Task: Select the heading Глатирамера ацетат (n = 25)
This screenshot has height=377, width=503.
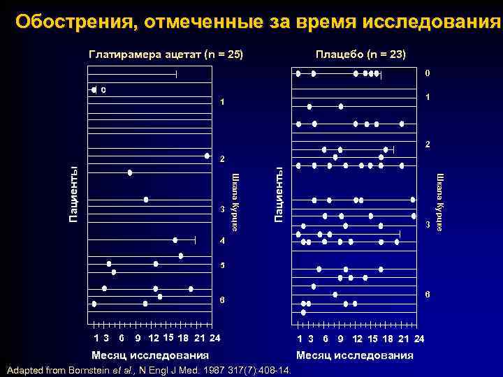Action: [x=166, y=54]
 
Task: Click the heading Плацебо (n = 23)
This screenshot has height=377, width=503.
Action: [x=360, y=54]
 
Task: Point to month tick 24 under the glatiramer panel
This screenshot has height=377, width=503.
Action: [x=214, y=339]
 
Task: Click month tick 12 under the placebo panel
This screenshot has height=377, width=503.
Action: [x=358, y=339]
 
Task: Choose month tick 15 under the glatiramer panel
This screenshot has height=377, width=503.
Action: [x=168, y=339]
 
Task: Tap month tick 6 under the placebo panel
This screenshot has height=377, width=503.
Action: [x=326, y=339]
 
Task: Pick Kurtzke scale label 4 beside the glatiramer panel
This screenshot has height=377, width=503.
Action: [x=222, y=241]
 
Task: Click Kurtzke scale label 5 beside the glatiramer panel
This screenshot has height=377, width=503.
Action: [x=222, y=266]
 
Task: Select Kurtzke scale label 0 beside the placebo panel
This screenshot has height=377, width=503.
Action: [x=428, y=73]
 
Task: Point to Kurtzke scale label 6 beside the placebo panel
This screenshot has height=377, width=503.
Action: [x=428, y=295]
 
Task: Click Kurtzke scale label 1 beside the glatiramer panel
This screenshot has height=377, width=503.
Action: [x=222, y=103]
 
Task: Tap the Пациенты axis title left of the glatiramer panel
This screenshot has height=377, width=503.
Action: [x=73, y=194]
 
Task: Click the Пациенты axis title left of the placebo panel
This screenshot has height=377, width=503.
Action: [x=278, y=194]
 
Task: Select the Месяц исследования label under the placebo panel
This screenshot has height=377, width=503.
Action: [x=354, y=355]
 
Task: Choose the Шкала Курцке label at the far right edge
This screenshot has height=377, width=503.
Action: [x=440, y=202]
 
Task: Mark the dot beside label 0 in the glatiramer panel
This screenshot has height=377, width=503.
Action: [x=94, y=89]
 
